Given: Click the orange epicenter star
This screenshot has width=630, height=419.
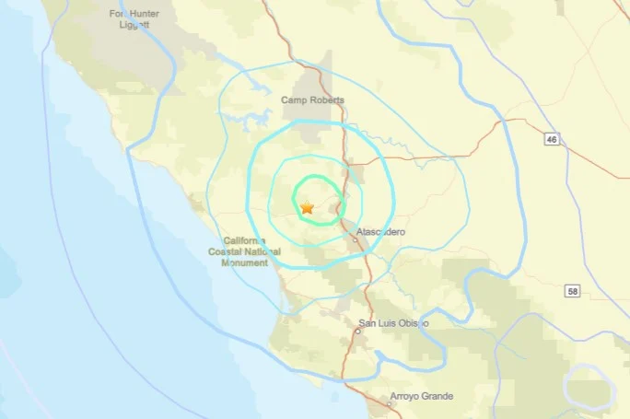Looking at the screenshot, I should (308, 208).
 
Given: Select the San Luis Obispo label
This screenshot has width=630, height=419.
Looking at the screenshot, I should (392, 323).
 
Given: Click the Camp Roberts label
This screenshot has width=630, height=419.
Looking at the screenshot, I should (313, 100).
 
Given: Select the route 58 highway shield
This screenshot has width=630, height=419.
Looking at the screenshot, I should (572, 290).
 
